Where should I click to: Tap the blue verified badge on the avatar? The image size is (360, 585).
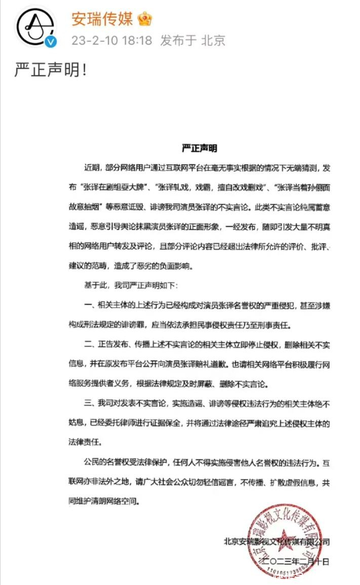[50, 42]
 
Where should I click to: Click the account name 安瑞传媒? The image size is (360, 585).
[102, 19]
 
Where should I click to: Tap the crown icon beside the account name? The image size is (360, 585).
[145, 20]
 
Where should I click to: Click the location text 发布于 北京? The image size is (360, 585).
[192, 41]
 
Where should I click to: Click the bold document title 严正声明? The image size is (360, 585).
[199, 148]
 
